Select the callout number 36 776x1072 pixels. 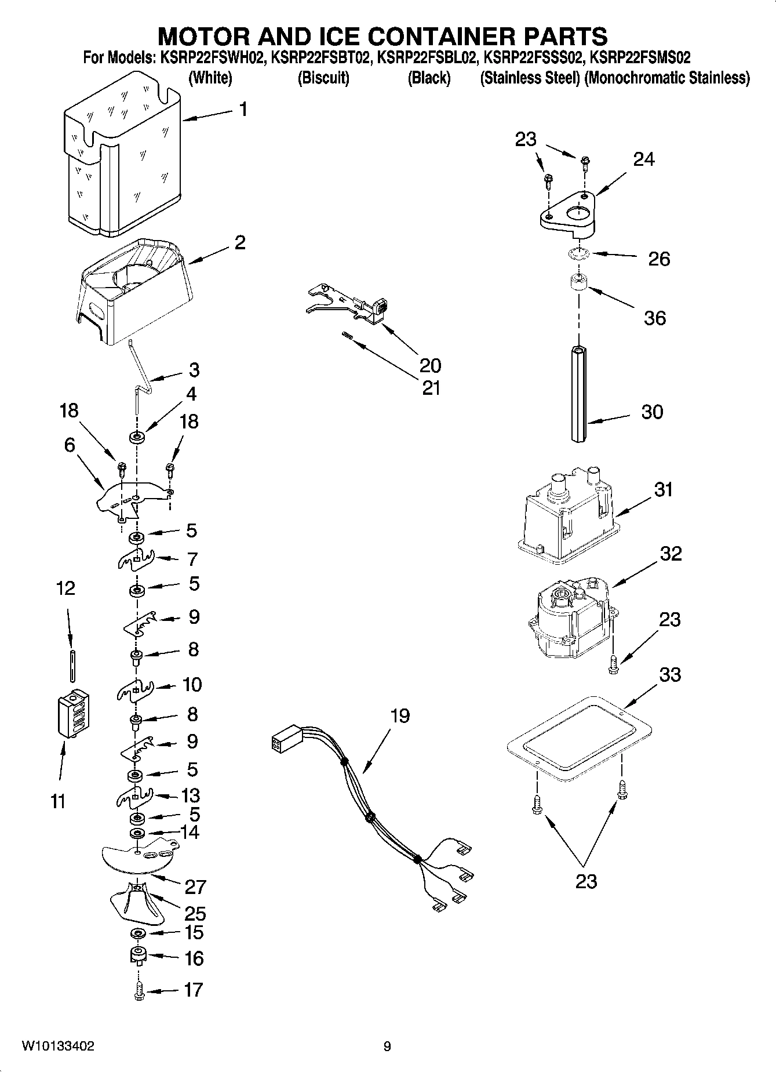[x=655, y=318]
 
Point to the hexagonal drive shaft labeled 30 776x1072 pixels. [x=578, y=394]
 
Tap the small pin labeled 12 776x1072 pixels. [x=72, y=665]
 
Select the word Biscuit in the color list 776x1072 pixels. [x=323, y=78]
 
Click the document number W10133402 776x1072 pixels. [x=58, y=1046]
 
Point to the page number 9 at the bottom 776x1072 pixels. [x=387, y=1046]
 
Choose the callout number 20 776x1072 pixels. [x=431, y=365]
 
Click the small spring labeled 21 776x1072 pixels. [x=347, y=335]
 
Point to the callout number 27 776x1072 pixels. [x=195, y=886]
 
